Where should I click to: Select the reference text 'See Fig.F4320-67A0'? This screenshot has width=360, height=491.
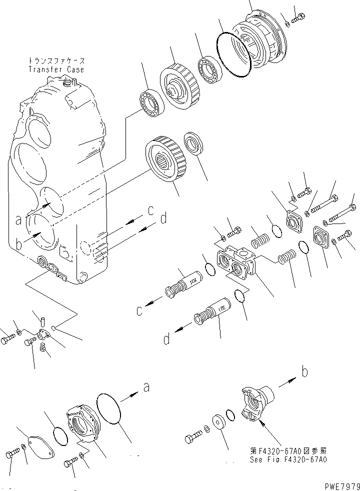[288, 460]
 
